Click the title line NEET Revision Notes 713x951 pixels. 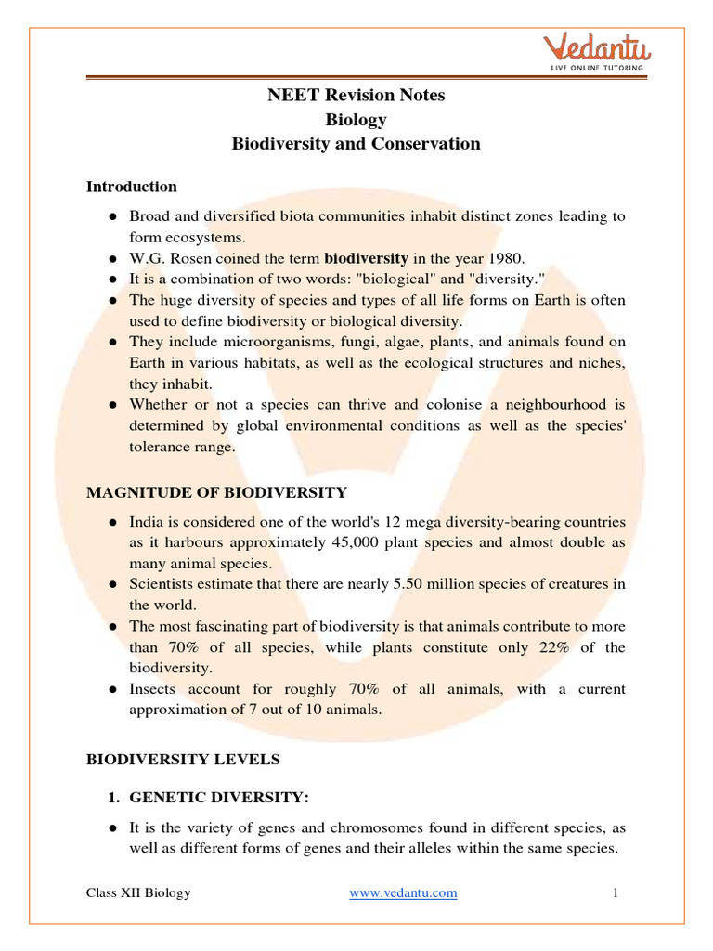pos(356,96)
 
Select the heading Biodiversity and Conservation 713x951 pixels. pos(356,144)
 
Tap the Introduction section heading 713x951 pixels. pos(131,187)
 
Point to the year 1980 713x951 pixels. pos(502,258)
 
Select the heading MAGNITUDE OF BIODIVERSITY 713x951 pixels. pos(216,492)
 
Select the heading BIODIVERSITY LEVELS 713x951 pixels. pos(183,760)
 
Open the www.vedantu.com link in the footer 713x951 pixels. pos(403,893)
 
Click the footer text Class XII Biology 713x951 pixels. pos(138,893)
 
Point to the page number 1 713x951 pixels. pos(615,893)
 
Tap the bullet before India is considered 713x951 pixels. pos(111,522)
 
